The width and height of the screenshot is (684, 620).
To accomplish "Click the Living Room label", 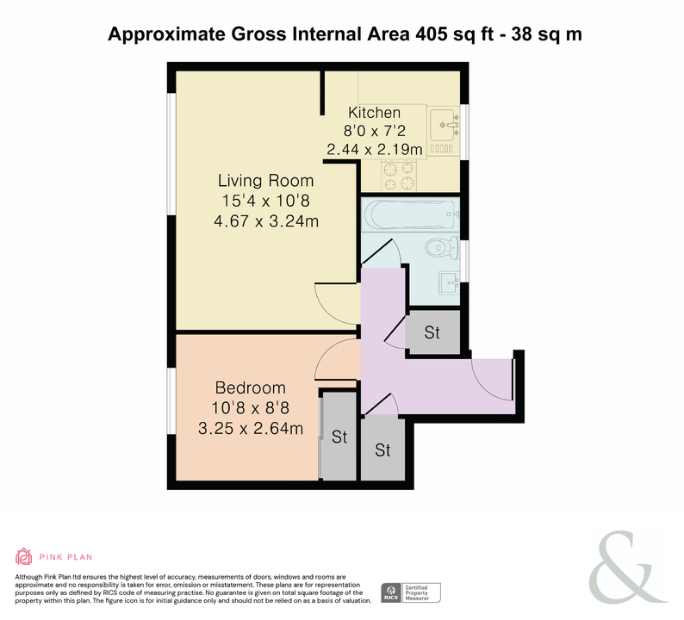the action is pos(265,181).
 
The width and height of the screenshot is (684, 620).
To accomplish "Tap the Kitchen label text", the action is pos(374,113).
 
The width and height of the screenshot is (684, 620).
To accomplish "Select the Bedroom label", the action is pos(251,387).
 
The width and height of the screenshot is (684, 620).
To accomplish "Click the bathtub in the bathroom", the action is pos(411,214).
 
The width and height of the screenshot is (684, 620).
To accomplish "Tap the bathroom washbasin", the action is pos(449,282).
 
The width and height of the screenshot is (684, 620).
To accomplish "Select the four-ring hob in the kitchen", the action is pos(399,176).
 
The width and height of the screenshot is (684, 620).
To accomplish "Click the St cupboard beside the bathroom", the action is pos(432,332).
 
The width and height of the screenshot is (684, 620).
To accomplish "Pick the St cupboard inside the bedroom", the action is pos(339,436).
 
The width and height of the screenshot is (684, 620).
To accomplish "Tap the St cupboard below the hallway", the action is pos(383,449).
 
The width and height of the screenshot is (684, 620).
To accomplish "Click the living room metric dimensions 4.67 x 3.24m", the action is pos(266,221).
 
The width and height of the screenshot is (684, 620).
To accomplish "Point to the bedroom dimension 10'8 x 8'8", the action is pos(251,408).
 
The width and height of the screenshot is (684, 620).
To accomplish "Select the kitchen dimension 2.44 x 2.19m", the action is pos(375,150).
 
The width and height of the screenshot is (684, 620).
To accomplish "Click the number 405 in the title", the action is pos(432,34).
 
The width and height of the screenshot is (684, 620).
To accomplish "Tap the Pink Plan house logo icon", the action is pos(24,556).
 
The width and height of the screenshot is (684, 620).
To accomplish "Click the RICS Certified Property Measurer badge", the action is pos(411,593).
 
